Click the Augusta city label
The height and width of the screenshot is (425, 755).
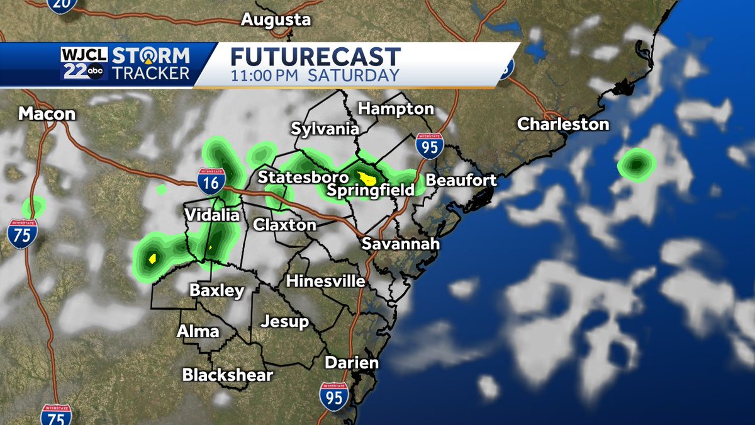point(276,20)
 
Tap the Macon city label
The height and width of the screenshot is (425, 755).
point(47,114)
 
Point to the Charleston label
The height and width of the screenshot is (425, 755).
point(563,124)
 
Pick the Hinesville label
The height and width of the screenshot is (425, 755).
point(325,281)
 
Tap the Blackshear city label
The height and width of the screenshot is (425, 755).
point(228,375)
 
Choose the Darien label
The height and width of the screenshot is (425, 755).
point(352,363)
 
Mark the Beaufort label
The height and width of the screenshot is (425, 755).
point(461,180)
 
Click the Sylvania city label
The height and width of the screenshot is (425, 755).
point(325,129)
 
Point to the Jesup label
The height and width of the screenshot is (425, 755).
point(286,322)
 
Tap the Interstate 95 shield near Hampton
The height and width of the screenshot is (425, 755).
point(429,146)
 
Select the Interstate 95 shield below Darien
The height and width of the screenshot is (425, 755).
point(333,396)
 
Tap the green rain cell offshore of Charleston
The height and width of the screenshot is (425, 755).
point(636,165)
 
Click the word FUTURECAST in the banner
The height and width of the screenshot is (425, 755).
point(315,57)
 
